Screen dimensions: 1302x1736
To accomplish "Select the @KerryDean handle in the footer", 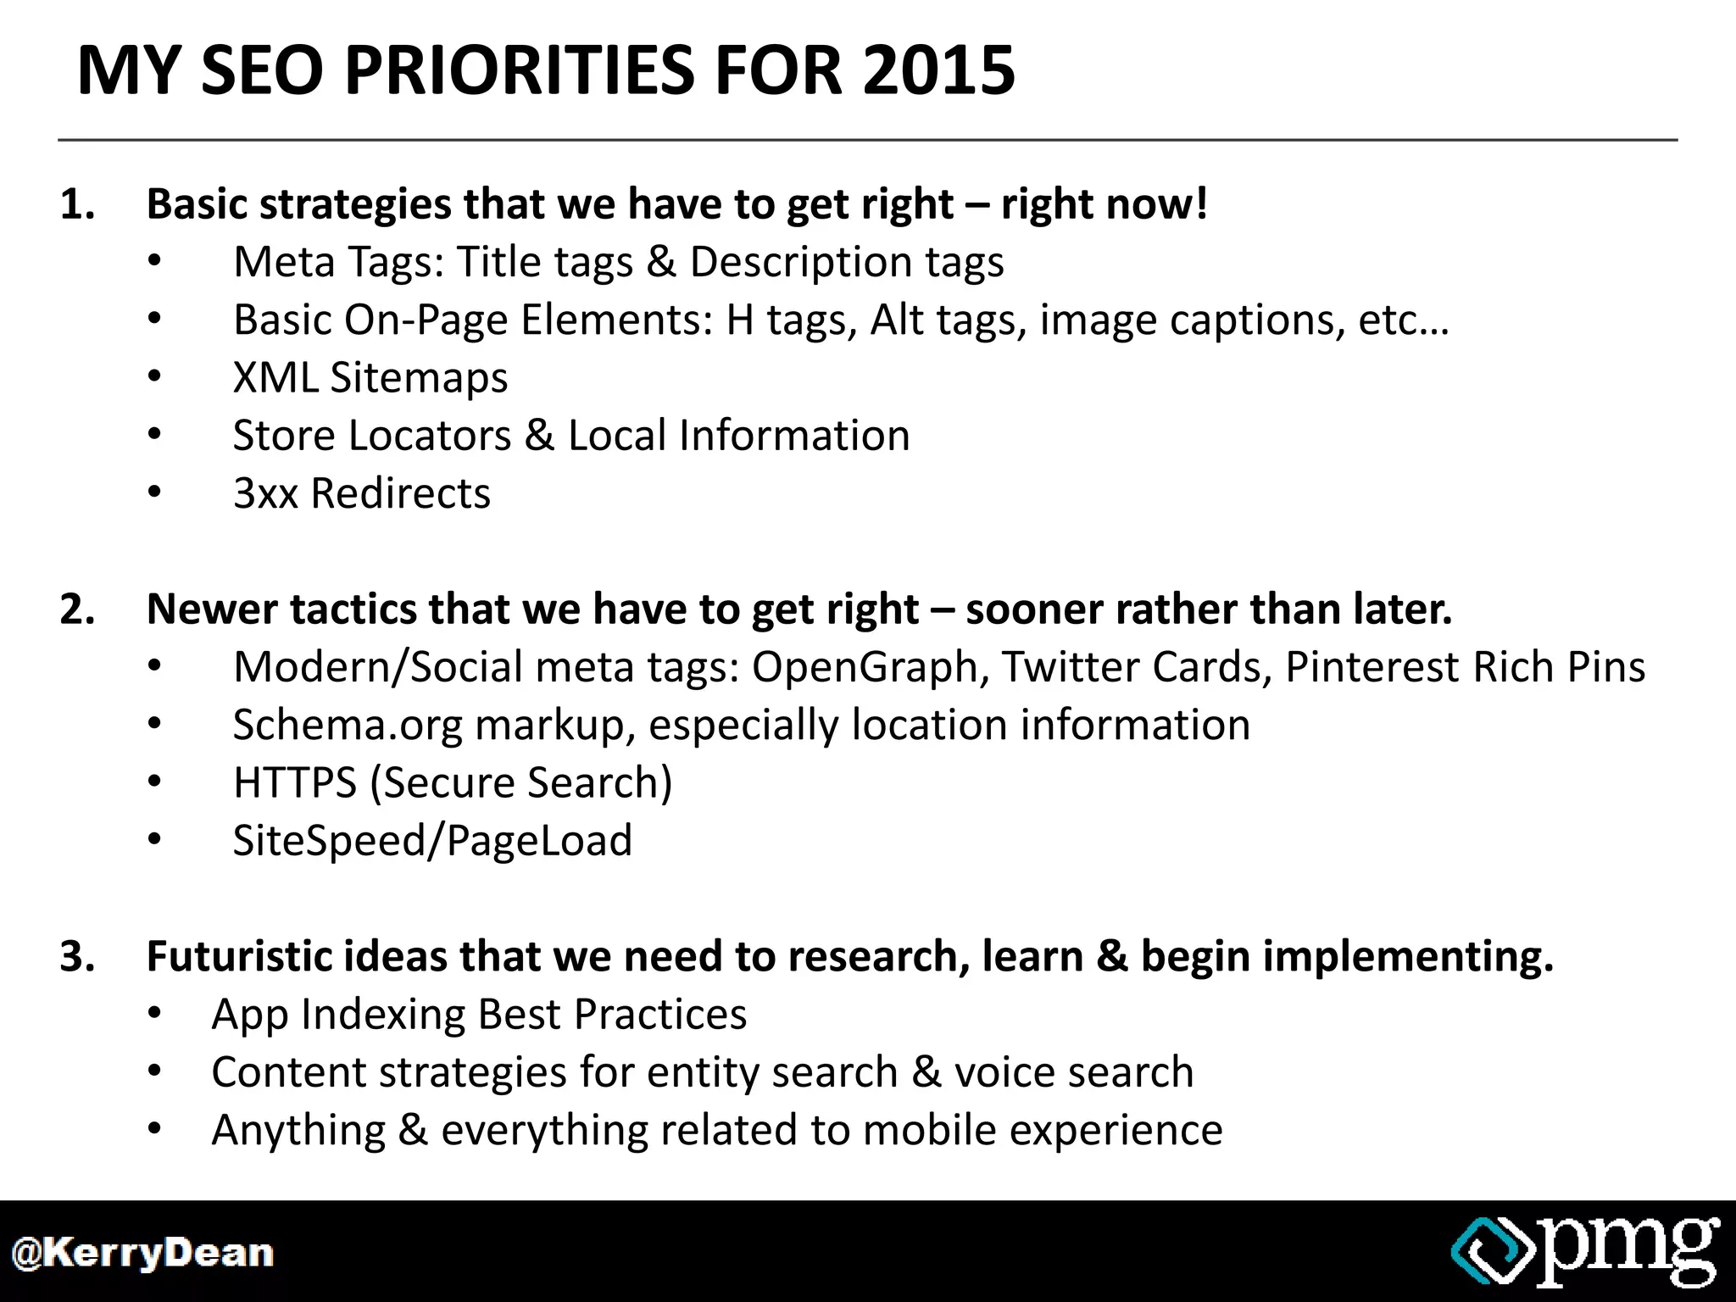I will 142,1253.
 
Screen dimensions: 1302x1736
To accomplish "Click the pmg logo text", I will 1627,1248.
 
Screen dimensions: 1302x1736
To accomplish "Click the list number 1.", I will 76,204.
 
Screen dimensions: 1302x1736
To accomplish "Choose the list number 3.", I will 76,956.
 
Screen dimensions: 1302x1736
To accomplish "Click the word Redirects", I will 400,493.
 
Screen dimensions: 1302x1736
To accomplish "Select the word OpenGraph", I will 865,667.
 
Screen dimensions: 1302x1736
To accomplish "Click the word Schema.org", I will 348,726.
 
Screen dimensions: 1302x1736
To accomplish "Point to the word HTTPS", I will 294,782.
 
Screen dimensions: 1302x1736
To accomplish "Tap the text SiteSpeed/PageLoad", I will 432,841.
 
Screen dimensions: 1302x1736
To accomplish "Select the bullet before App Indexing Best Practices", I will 153,1014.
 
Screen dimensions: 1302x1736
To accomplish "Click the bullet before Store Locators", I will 153,435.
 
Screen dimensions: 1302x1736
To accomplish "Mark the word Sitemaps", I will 419,377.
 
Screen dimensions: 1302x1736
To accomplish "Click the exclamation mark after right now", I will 1199,204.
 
